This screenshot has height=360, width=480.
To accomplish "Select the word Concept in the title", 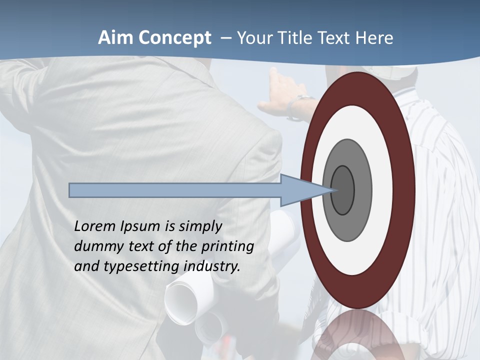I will (x=175, y=38).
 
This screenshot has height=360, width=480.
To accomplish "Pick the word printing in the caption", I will (x=227, y=246).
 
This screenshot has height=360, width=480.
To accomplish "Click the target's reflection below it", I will (x=357, y=335).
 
